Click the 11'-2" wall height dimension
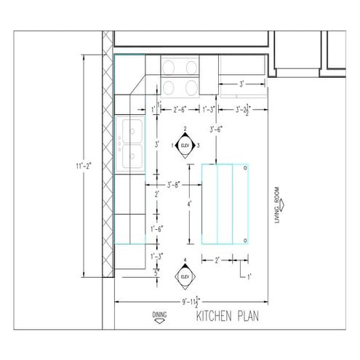point(80,167)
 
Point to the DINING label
point(159,315)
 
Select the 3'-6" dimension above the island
point(216,129)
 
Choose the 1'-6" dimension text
point(156,228)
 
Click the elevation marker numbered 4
point(185,276)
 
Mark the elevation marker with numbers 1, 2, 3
point(185,145)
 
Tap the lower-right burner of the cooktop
point(192,87)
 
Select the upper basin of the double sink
point(134,131)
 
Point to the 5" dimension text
point(156,272)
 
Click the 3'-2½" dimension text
point(244,110)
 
